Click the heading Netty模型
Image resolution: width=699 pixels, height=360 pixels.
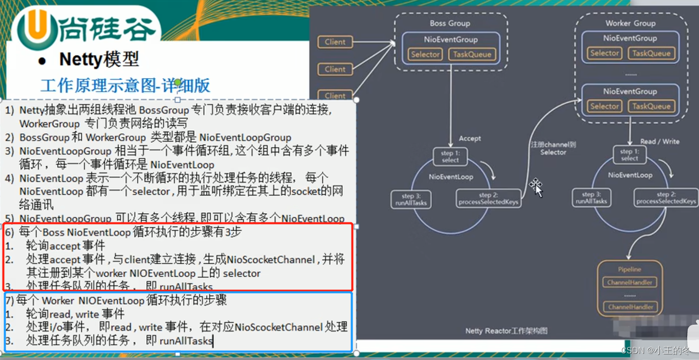tap(99, 59)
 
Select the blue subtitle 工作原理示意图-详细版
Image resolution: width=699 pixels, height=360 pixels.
tap(125, 85)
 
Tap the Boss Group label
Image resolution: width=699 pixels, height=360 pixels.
tap(450, 24)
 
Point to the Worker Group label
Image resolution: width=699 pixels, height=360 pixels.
tap(630, 23)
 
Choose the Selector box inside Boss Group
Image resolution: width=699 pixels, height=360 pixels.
tap(425, 54)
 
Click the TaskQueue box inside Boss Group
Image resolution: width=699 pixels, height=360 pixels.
tap(472, 54)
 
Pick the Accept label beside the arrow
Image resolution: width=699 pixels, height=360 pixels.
tap(470, 139)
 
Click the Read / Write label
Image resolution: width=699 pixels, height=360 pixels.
tap(660, 142)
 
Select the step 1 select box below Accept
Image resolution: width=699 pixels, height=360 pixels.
tap(450, 156)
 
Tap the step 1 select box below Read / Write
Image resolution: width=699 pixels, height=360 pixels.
tap(629, 155)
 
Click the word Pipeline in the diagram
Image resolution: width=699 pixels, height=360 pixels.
tap(629, 269)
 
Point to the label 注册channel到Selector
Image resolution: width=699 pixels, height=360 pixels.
tap(553, 148)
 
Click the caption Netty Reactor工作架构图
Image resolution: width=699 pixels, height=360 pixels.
tap(506, 331)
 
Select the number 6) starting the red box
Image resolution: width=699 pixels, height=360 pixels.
tap(9, 232)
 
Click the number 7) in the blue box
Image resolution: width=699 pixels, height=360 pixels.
tap(9, 300)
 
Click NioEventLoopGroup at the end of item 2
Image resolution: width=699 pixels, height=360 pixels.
tap(245, 138)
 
